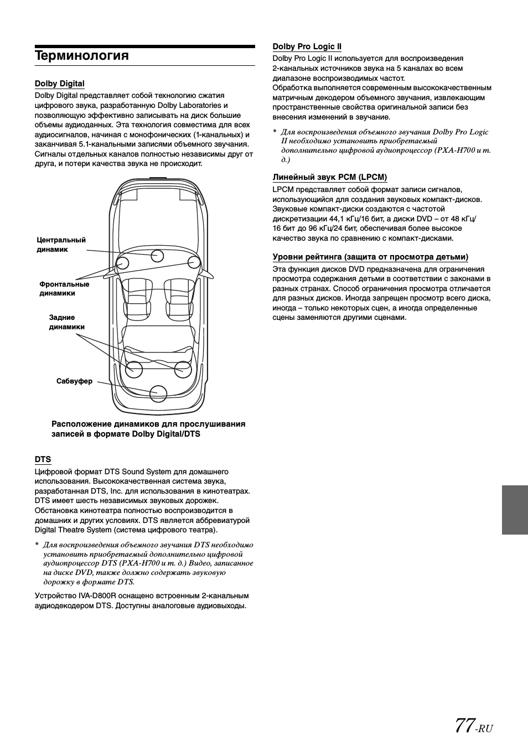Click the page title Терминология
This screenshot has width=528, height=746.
pos(81,56)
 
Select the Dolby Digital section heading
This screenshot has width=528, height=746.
pos(59,84)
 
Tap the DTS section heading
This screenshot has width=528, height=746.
pos(43,459)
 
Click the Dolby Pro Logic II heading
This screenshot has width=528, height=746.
pos(307,46)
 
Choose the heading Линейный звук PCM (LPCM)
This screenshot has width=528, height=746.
pos(329,177)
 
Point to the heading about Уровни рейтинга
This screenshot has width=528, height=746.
pos(370,257)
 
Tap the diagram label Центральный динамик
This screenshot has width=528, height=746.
pos(61,245)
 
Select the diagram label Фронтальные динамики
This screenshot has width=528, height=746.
pos(64,288)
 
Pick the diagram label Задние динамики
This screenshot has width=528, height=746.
pos(66,322)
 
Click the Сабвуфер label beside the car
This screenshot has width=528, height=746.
pos(74,381)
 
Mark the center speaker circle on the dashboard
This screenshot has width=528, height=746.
pos(157,256)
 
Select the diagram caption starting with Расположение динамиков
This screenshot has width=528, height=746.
pos(148,429)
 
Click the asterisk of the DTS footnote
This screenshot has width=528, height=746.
pos(37,545)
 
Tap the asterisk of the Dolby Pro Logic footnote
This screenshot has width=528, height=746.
pos(275,132)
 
